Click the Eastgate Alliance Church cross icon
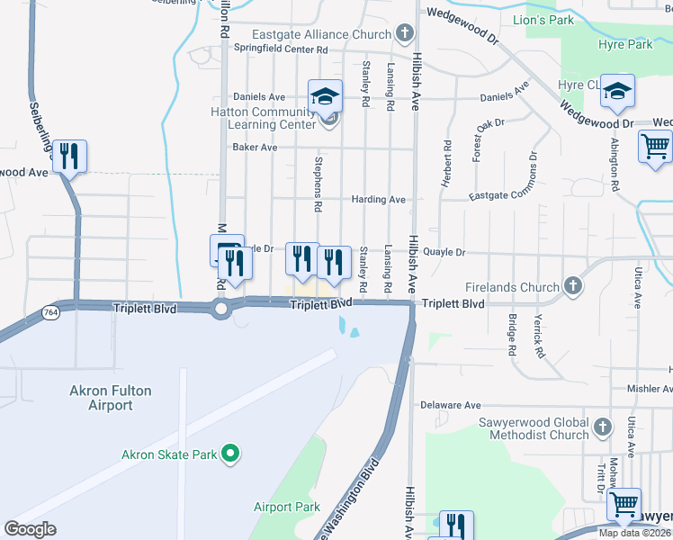[405, 34]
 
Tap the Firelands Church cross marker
[572, 287]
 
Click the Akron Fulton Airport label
[111, 398]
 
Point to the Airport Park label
[287, 507]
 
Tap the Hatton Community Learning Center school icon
[325, 96]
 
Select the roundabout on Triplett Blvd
[220, 310]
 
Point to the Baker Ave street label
[255, 148]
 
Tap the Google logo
[31, 528]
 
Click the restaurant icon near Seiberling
[69, 157]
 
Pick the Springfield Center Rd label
[279, 49]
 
